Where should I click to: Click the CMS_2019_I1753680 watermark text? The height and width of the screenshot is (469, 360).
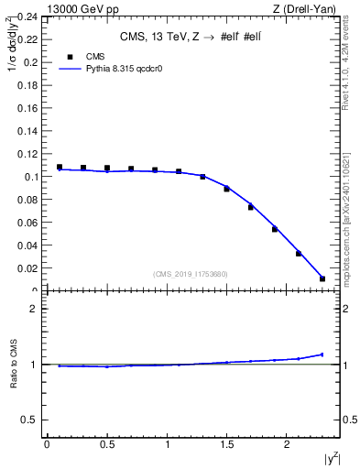pyautogui.click(x=190, y=274)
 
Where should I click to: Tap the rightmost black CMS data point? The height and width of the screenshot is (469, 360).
pyautogui.click(x=322, y=278)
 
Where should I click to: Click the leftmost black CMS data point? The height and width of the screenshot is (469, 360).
pyautogui.click(x=60, y=168)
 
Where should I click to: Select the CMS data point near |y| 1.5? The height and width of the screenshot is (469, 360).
pyautogui.click(x=226, y=189)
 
